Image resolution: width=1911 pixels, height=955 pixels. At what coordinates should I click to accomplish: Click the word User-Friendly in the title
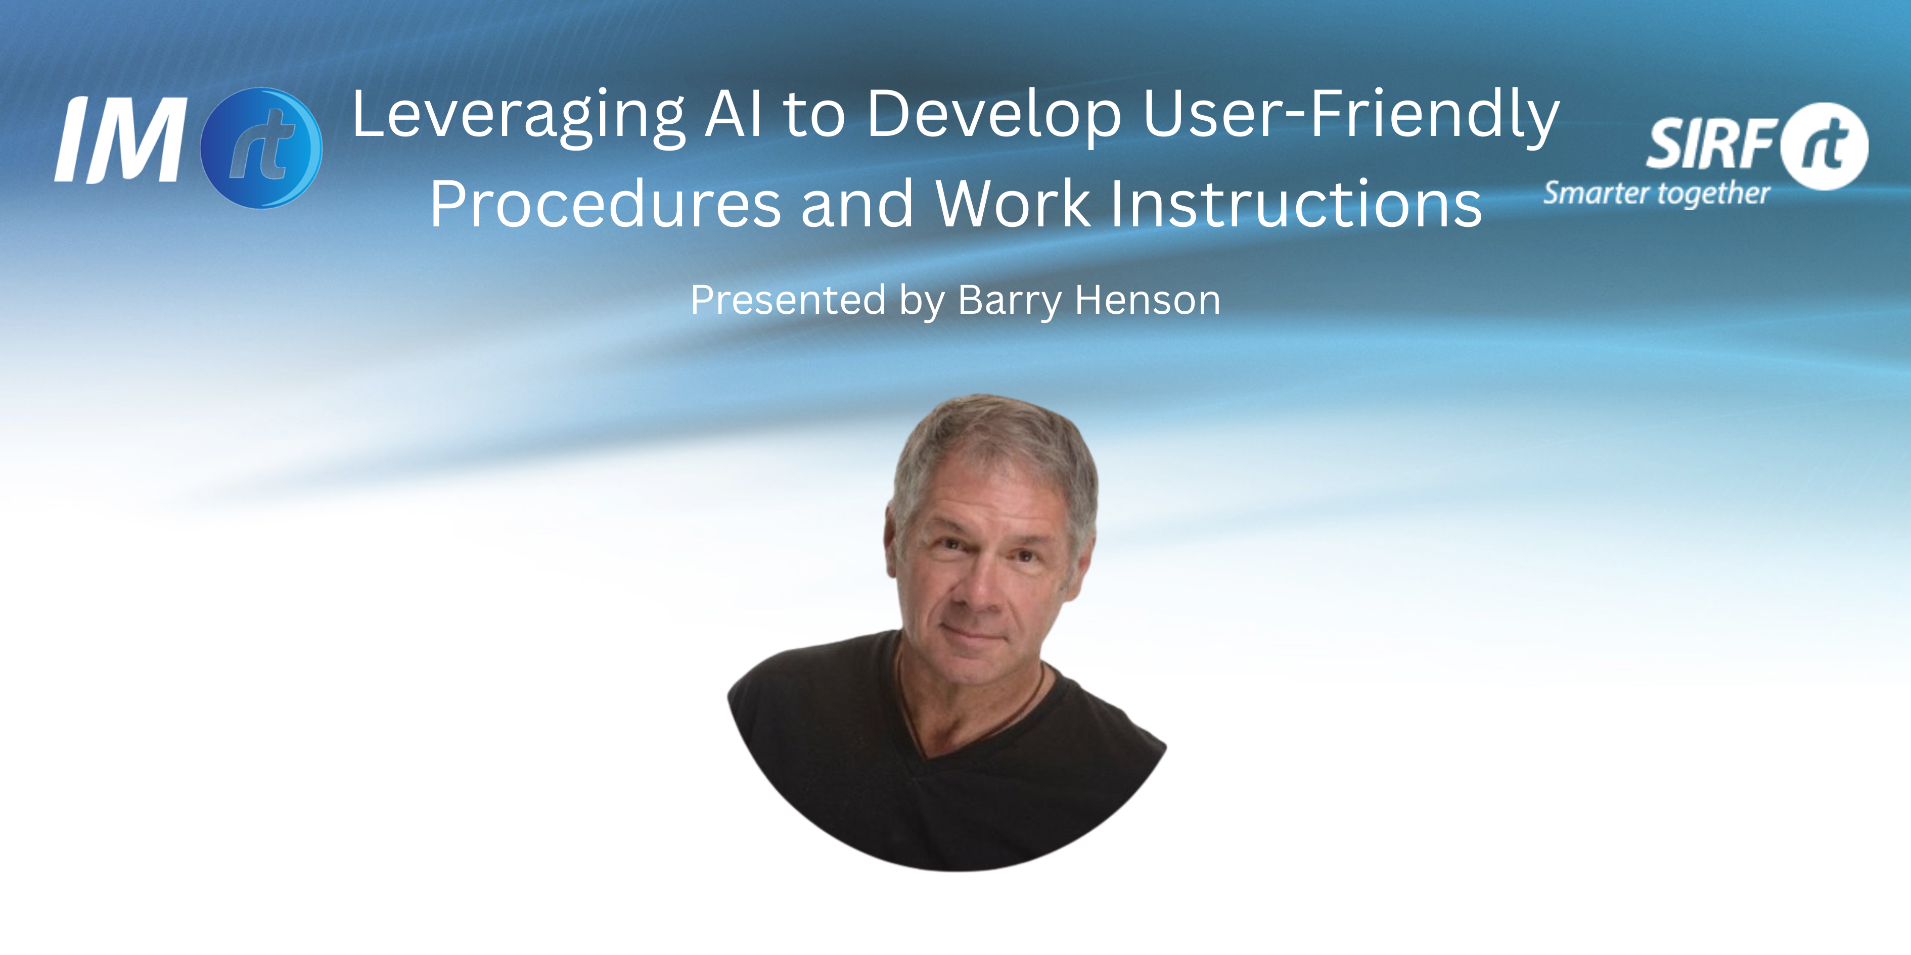coord(1351,116)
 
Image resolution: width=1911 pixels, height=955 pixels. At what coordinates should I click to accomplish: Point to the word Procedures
coord(605,204)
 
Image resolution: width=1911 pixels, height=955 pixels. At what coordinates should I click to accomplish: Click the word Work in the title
coord(1013,204)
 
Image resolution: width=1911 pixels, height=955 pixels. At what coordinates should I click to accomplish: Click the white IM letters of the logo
coord(121,140)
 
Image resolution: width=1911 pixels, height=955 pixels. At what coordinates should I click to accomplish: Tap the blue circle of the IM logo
coord(261,147)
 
